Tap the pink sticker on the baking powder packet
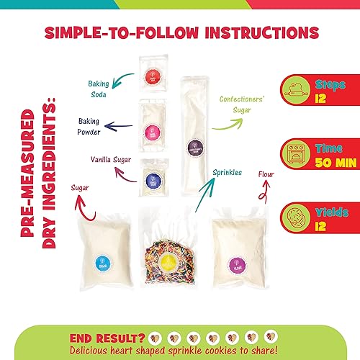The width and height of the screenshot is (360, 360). click(x=153, y=132)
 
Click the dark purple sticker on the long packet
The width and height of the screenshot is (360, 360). click(x=195, y=147)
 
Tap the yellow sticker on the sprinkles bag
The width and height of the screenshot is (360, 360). click(x=170, y=262)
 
